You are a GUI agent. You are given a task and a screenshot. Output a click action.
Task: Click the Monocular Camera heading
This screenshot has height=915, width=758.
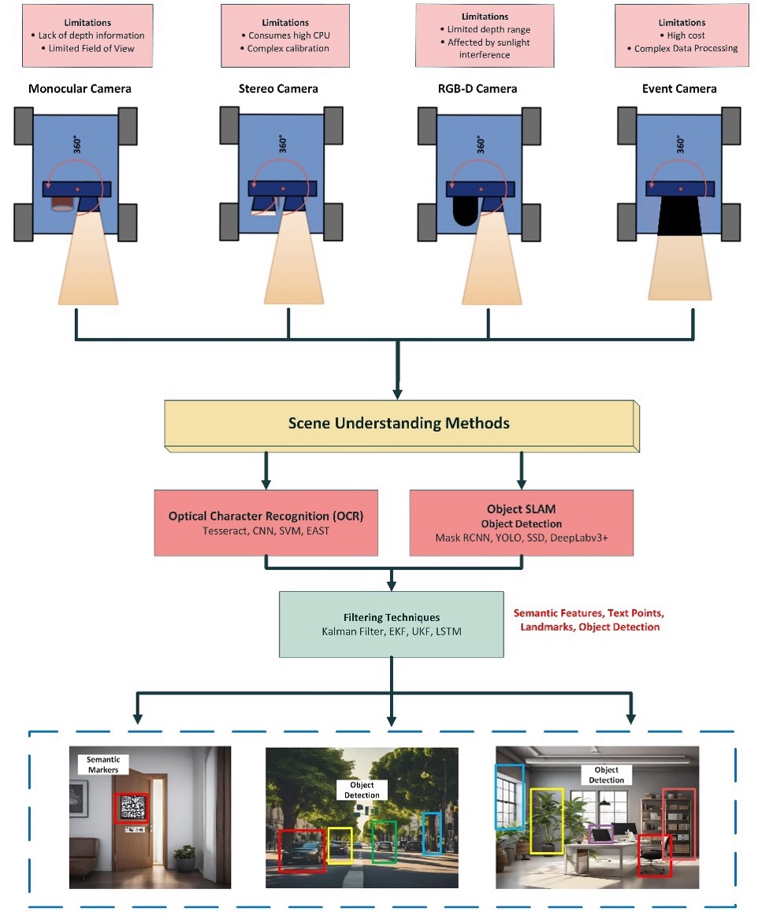point(80,89)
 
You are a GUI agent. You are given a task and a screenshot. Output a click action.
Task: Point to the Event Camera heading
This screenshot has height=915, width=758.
point(679,89)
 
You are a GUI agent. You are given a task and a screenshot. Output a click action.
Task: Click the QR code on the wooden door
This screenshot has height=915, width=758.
point(132,808)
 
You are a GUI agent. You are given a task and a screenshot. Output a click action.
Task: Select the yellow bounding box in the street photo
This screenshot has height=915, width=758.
point(340,845)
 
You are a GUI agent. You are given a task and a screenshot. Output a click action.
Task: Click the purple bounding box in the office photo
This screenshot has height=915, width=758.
point(600,834)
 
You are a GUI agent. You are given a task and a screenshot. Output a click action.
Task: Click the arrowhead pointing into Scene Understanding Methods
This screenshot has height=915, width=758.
point(398,392)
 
